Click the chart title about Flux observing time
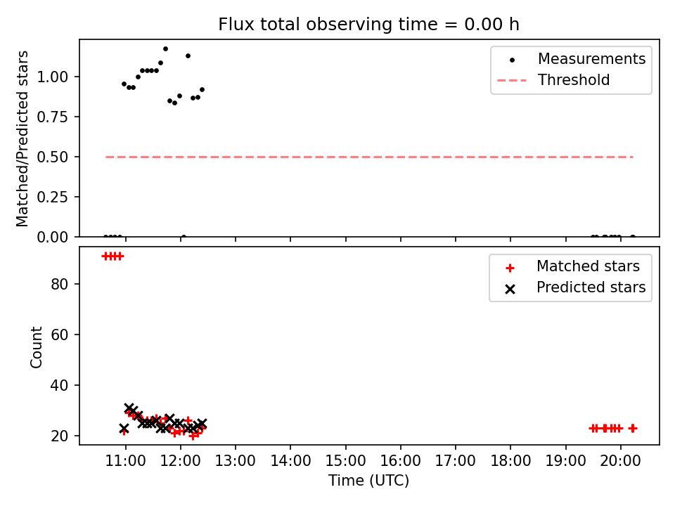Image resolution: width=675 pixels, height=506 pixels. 368,25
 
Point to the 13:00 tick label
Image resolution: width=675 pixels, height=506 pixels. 236,461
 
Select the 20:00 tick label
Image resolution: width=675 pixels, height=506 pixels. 620,461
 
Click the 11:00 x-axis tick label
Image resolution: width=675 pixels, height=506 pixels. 125,461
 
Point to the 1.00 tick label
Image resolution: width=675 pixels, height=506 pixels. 53,77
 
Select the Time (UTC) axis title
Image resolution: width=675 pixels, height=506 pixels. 369,480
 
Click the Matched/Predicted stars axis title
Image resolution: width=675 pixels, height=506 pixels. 22,138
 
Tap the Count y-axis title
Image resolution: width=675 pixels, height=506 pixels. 36,347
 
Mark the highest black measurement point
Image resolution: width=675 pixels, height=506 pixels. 165,49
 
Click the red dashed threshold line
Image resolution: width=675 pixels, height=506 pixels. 369,157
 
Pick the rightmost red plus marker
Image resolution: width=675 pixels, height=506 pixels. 632,428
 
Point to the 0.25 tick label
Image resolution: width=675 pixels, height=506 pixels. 53,197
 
